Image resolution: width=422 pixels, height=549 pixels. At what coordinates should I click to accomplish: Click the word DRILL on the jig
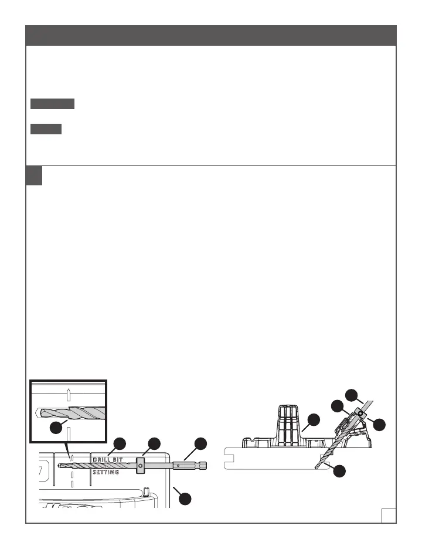pos(103,459)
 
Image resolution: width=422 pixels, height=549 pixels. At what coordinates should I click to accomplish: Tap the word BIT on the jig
pos(121,459)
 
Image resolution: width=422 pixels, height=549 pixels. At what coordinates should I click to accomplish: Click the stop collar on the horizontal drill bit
pos(140,466)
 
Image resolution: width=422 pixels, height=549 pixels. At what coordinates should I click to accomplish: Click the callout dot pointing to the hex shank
pos(200,443)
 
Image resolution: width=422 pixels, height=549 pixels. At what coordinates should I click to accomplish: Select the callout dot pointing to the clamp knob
pos(314,419)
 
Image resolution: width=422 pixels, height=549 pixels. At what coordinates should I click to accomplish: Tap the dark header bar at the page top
pos(211,35)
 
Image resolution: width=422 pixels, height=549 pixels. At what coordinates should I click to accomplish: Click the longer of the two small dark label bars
pos(53,104)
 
